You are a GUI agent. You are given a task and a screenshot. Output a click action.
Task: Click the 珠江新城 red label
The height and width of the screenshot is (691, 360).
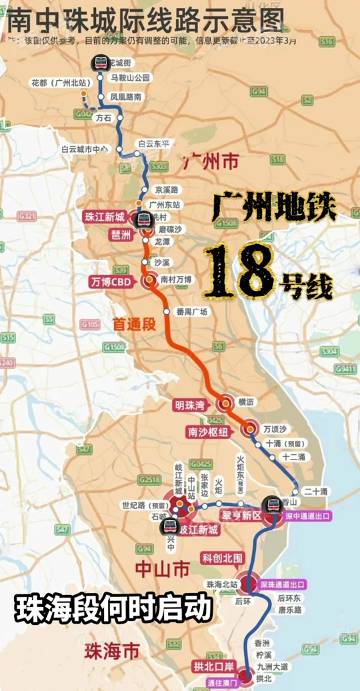click(104, 217)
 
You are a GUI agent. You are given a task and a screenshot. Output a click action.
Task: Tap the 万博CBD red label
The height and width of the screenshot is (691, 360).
click(111, 281)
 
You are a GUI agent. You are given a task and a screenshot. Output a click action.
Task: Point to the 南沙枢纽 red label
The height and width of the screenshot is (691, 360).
click(207, 432)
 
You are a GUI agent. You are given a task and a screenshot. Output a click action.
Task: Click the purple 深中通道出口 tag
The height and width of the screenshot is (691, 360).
click(308, 516)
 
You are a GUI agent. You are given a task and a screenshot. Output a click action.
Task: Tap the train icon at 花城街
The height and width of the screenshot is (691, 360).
click(101, 63)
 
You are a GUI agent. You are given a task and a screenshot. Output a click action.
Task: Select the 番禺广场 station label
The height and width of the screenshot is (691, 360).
click(192, 311)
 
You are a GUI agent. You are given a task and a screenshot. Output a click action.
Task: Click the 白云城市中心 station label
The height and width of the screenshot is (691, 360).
click(84, 149)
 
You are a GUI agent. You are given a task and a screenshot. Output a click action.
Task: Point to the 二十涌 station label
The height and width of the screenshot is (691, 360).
click(315, 491)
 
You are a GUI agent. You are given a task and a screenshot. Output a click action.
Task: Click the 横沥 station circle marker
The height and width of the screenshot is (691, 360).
click(225, 403)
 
